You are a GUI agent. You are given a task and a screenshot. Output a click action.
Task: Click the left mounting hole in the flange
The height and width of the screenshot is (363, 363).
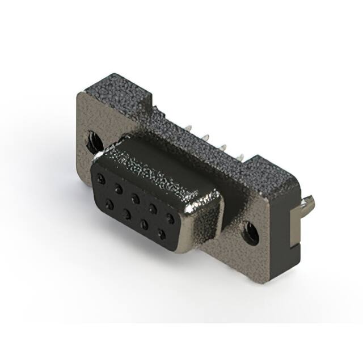(92, 140)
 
